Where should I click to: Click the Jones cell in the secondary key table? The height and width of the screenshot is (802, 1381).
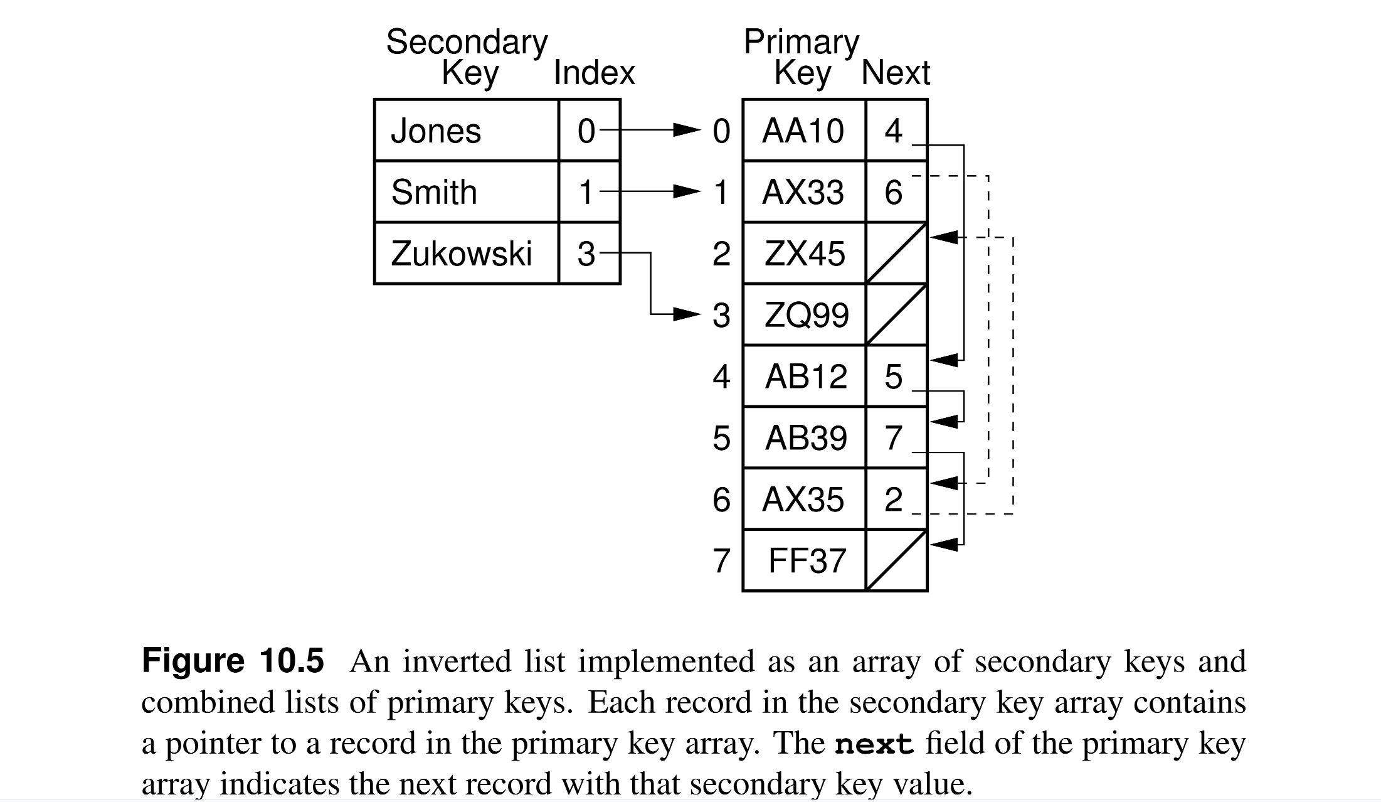point(465,131)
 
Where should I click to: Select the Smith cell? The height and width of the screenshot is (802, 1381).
point(465,192)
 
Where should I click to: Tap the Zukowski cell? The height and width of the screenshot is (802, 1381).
point(465,254)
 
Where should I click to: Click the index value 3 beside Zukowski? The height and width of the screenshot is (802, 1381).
point(587,254)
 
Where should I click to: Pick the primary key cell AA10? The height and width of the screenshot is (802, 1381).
point(803,131)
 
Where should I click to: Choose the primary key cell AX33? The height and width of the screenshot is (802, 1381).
point(803,192)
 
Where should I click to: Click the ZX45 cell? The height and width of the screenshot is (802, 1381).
point(803,254)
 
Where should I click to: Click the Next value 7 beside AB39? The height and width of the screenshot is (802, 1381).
point(894,438)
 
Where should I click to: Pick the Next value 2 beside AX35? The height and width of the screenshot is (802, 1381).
point(894,500)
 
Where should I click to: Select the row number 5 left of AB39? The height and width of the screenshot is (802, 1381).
point(721,438)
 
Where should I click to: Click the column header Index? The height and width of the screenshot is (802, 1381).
point(594,73)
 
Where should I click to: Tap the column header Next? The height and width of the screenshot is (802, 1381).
point(896,73)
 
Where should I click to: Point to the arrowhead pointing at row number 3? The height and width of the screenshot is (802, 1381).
point(687,314)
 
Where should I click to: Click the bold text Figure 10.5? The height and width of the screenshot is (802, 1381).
point(233,661)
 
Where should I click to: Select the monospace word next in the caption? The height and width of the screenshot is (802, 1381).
point(874,744)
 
